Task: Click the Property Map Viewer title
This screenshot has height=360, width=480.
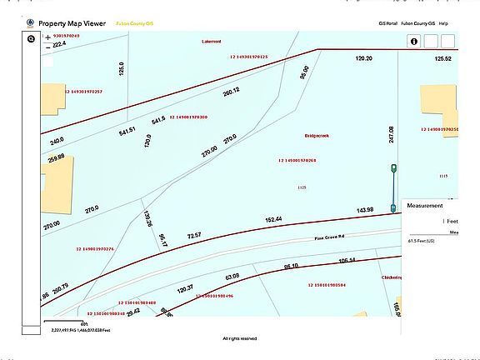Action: tap(72, 23)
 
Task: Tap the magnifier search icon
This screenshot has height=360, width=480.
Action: tap(31, 39)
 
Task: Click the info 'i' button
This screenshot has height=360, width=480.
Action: tap(412, 41)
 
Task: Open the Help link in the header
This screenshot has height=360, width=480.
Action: tap(443, 23)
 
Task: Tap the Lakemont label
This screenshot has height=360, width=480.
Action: tap(212, 41)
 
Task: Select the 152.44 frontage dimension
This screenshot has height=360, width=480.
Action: tap(273, 219)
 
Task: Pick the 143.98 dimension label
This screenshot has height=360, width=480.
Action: tap(364, 209)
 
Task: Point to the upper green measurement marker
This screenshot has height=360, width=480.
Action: tap(393, 169)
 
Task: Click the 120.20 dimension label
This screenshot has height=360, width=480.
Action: tap(362, 59)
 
